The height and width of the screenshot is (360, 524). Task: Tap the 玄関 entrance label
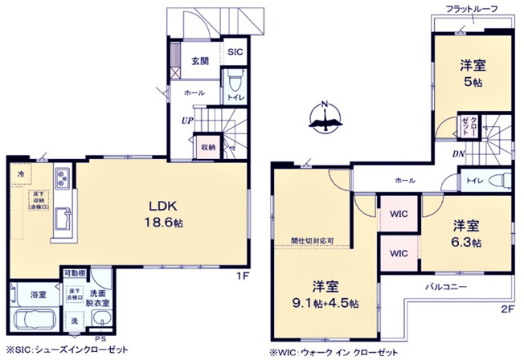[x=200, y=61]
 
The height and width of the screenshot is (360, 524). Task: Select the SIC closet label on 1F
[x=234, y=51]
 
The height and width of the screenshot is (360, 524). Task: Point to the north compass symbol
[x=325, y=118]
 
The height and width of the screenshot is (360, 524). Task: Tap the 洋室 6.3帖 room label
[x=465, y=232]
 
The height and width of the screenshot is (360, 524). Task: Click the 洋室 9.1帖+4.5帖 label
[x=325, y=294]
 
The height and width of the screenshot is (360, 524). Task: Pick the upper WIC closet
[x=399, y=215]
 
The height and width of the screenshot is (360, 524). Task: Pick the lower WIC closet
[x=399, y=252]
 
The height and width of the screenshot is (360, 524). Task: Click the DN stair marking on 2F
[x=456, y=154]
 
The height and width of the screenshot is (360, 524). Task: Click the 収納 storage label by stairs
[x=207, y=147]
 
